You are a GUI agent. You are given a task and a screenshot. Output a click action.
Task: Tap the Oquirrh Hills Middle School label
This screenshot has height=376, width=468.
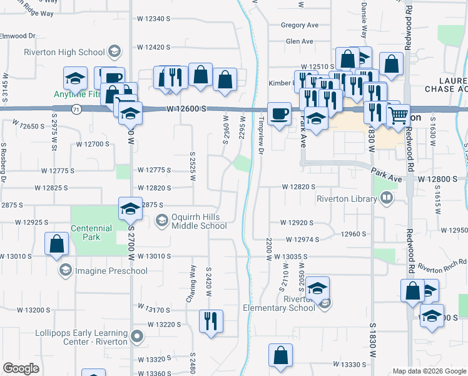pyautogui.click(x=191, y=221)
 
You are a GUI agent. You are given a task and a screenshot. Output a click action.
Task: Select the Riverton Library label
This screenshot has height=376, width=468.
pyautogui.click(x=348, y=199)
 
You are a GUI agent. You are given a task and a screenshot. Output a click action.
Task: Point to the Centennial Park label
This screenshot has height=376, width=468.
pyautogui.click(x=91, y=233)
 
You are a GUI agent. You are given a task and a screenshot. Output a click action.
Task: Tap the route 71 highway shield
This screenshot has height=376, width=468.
pyautogui.click(x=76, y=109)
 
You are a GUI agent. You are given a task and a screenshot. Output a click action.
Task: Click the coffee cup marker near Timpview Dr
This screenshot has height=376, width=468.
pyautogui.click(x=279, y=113)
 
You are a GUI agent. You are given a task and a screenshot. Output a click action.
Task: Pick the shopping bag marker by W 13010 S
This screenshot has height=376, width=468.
pyautogui.click(x=56, y=245)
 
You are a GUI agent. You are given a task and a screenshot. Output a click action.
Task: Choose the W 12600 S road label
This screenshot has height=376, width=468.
pyautogui.click(x=186, y=109)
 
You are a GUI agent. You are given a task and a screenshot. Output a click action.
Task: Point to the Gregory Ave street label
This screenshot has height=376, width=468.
pyautogui.click(x=300, y=25)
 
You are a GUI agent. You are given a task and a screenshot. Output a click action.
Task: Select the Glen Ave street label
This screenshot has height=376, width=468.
pyautogui.click(x=299, y=41)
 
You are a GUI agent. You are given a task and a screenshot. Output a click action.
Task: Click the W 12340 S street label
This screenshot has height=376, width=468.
pyautogui.click(x=153, y=18)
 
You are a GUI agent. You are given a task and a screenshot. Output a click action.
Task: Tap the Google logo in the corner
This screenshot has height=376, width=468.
pyautogui.click(x=21, y=368)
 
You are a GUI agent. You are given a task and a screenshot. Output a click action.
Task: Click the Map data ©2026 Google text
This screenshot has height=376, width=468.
pyautogui.click(x=429, y=372)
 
